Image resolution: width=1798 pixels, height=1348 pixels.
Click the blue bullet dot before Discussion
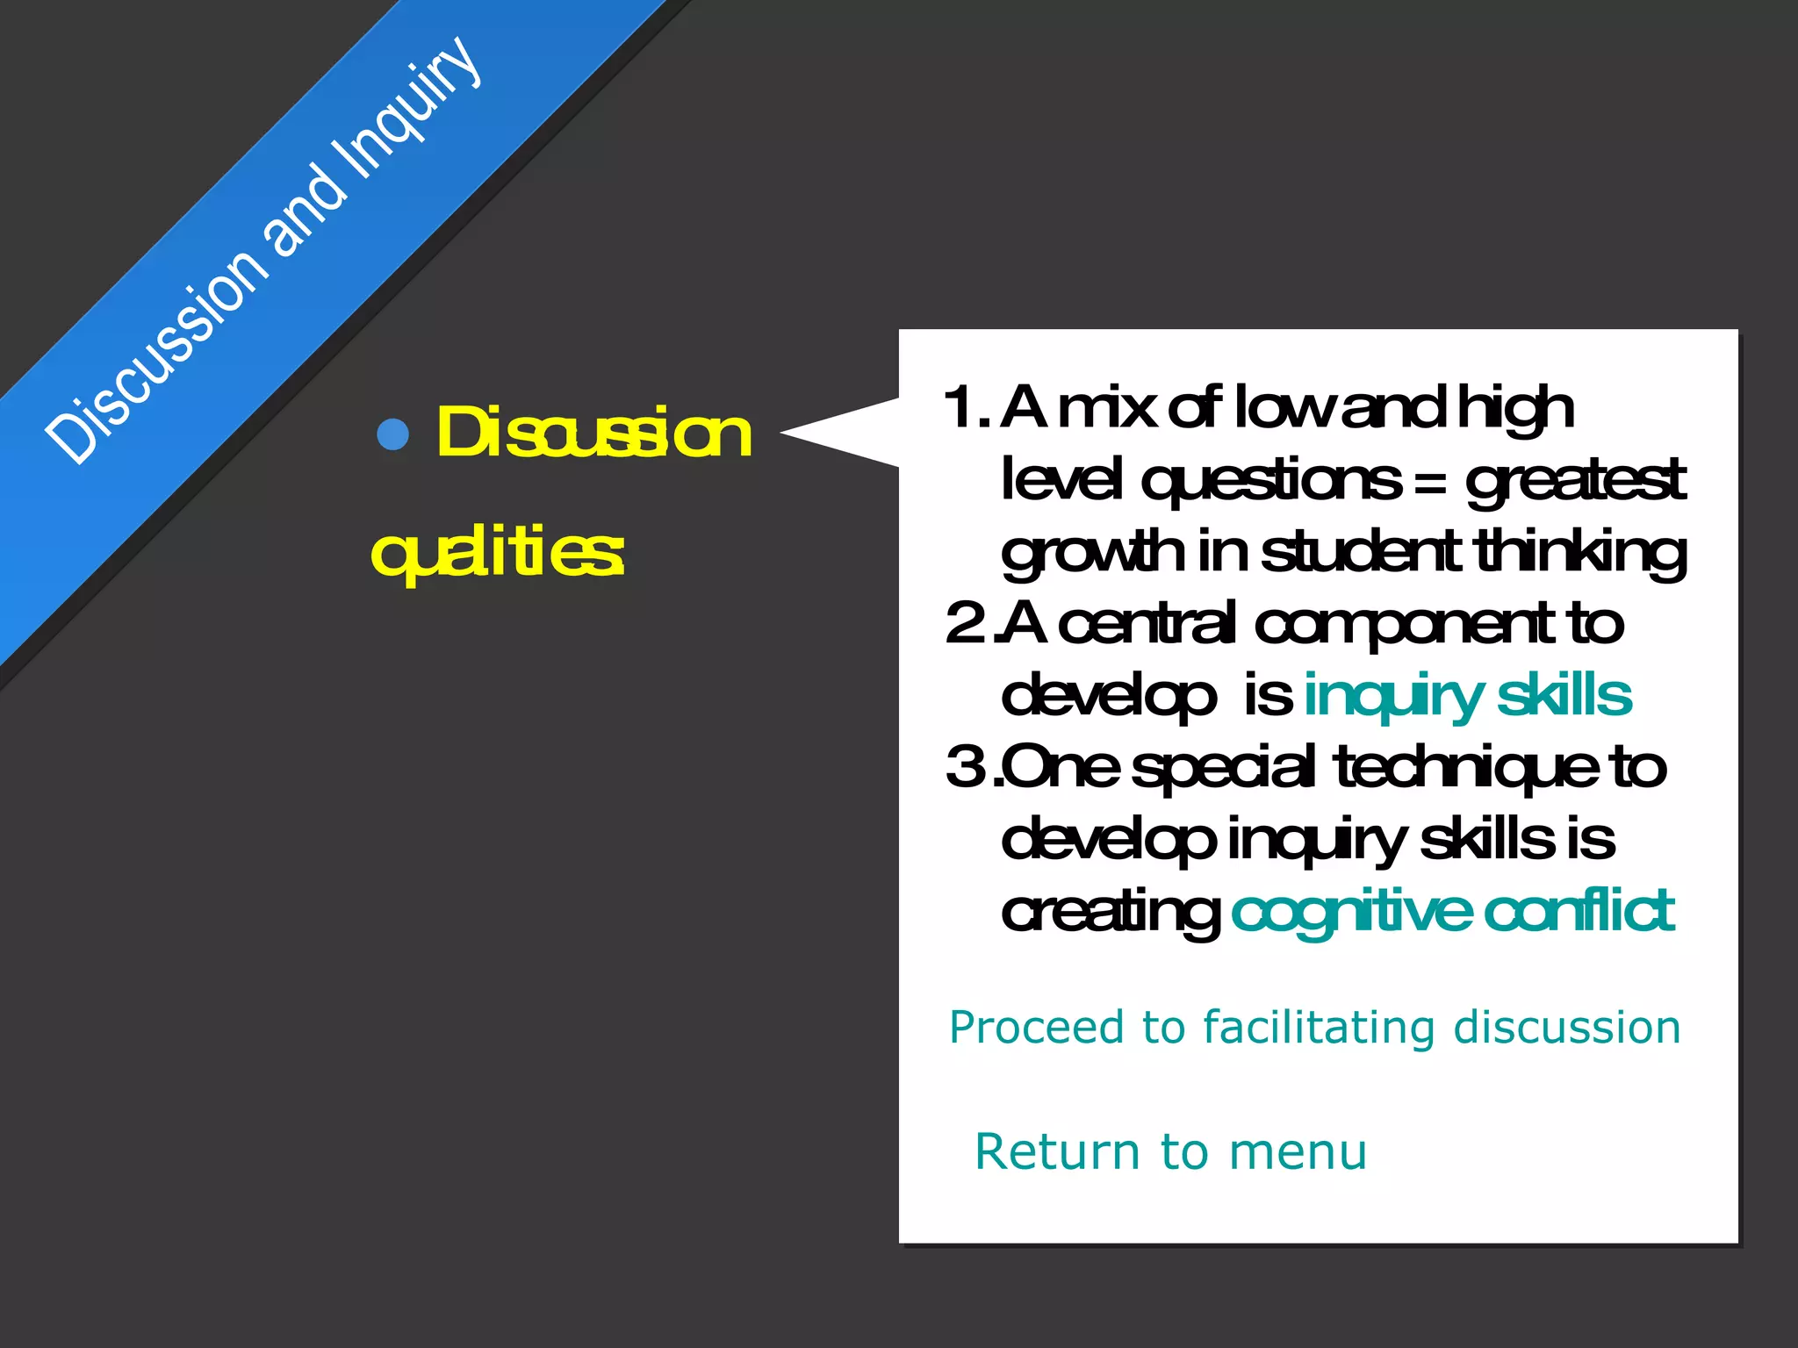click(x=392, y=434)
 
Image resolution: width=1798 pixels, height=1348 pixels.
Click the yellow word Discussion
click(x=594, y=433)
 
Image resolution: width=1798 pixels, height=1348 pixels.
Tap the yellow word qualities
click(x=498, y=553)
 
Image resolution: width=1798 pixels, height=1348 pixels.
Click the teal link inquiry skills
click(x=1467, y=696)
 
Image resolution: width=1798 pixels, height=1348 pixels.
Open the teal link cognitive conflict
click(x=1452, y=911)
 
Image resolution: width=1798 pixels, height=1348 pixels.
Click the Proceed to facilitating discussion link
click(x=1314, y=1027)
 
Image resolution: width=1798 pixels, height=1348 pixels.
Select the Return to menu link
click(x=1170, y=1151)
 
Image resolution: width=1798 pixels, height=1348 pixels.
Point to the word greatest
click(x=1575, y=482)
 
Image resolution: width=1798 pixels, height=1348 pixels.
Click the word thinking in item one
click(x=1580, y=554)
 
